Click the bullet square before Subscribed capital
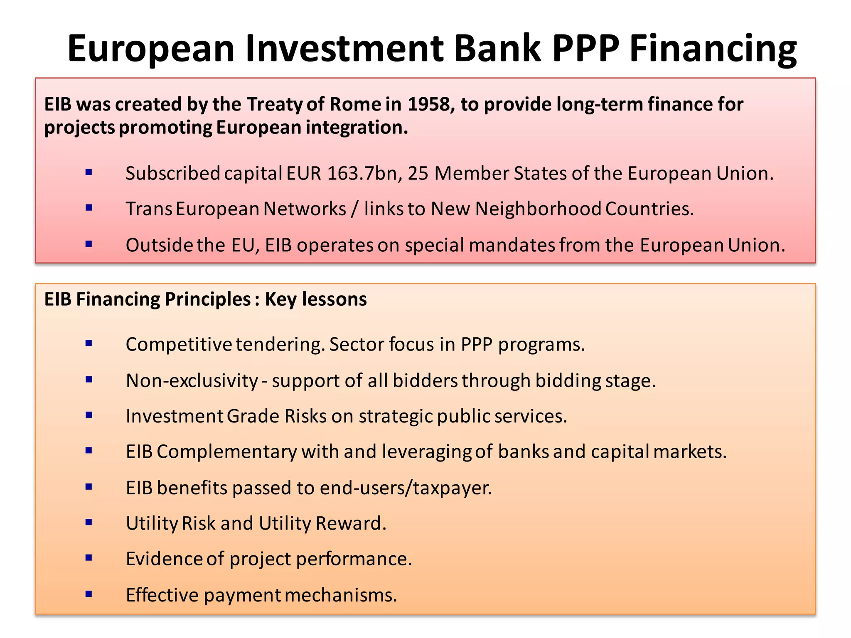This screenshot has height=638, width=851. click(89, 172)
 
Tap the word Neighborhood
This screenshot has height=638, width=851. click(538, 209)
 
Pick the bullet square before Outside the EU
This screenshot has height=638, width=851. click(89, 244)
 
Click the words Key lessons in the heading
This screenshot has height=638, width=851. click(316, 299)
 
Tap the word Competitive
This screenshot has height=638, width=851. click(179, 344)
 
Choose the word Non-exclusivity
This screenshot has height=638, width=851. click(192, 380)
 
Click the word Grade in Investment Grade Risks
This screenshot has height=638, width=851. click(253, 416)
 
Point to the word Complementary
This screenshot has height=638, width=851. click(227, 452)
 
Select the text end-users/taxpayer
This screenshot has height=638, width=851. click(406, 488)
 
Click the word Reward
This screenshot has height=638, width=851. click(351, 523)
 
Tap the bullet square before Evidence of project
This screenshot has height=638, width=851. click(89, 558)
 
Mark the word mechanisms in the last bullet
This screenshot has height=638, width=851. click(341, 595)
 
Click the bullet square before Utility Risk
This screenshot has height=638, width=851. click(89, 523)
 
